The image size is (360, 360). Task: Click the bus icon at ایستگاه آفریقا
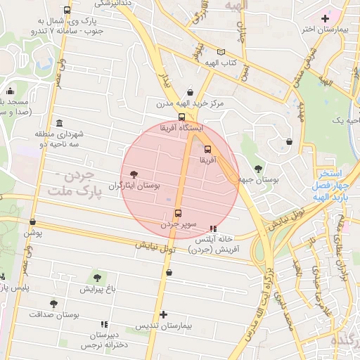(182, 117)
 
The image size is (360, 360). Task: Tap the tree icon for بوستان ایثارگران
(134, 174)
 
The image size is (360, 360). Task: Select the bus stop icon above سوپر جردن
(177, 213)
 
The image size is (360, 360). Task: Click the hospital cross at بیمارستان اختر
(324, 18)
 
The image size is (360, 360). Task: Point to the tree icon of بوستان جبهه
(258, 168)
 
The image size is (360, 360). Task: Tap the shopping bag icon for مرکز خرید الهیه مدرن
(191, 92)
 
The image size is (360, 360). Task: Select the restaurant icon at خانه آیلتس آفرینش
(213, 229)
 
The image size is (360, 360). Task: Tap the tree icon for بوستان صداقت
(54, 303)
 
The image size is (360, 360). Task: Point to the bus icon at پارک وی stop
(66, 11)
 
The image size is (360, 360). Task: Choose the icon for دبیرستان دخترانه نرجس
(104, 325)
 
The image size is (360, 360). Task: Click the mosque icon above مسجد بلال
(10, 91)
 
